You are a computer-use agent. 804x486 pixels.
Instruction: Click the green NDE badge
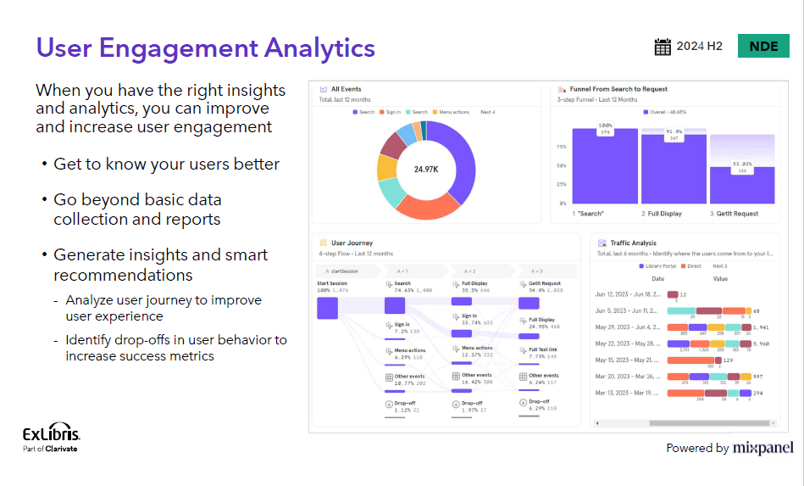tap(763, 47)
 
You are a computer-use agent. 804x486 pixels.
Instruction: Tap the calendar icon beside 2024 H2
tap(663, 47)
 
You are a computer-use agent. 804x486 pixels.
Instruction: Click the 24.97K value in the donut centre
tap(425, 170)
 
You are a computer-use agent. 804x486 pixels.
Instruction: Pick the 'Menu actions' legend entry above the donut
tap(454, 112)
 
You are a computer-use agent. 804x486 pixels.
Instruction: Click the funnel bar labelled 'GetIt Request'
tap(742, 185)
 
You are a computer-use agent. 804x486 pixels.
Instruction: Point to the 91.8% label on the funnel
tap(674, 131)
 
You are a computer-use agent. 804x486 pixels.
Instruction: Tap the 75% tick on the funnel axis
tap(561, 146)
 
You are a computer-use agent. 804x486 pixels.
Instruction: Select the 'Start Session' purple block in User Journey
tap(327, 307)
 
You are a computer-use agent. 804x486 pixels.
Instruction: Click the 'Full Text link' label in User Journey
tap(543, 349)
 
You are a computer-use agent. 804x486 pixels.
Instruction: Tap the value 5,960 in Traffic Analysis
tap(761, 344)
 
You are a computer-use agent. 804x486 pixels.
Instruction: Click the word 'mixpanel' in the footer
tap(763, 448)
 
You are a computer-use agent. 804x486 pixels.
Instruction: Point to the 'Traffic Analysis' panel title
tap(633, 243)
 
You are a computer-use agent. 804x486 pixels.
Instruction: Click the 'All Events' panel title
tap(346, 89)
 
